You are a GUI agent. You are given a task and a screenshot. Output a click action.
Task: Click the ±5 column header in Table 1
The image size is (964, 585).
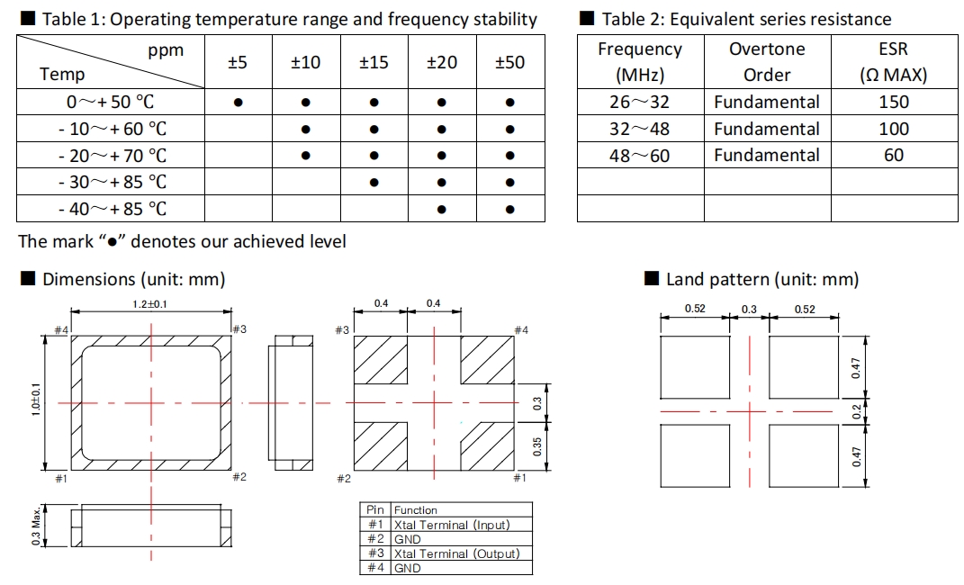(x=238, y=62)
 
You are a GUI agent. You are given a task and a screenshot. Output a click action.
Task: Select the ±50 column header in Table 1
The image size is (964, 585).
(x=509, y=62)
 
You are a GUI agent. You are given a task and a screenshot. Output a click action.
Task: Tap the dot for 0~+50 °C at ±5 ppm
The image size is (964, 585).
(x=238, y=103)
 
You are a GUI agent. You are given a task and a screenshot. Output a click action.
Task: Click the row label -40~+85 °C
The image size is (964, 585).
(x=112, y=209)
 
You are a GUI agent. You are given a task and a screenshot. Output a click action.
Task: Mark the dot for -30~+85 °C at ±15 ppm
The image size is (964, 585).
(x=374, y=183)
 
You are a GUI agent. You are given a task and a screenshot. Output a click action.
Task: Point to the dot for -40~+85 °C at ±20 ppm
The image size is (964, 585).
(x=441, y=210)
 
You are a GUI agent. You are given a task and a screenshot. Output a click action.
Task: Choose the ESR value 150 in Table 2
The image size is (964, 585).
(x=894, y=103)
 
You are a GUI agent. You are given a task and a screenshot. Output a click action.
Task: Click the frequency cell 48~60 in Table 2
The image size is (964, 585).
(x=639, y=156)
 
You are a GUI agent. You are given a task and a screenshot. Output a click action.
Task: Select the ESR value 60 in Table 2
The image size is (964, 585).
(x=894, y=156)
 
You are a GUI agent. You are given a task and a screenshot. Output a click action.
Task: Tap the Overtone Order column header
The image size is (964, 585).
(x=767, y=62)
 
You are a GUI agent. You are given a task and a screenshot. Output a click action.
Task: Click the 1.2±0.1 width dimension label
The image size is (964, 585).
(x=151, y=304)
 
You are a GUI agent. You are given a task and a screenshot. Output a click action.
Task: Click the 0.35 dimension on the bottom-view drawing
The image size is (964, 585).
(x=537, y=446)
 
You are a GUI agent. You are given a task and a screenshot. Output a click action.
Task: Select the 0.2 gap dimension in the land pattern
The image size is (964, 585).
(x=857, y=411)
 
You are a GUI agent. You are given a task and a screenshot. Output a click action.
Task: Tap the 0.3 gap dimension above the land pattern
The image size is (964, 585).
(x=749, y=310)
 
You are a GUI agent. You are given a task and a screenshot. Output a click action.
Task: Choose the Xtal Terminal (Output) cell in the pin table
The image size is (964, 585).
(x=457, y=553)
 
